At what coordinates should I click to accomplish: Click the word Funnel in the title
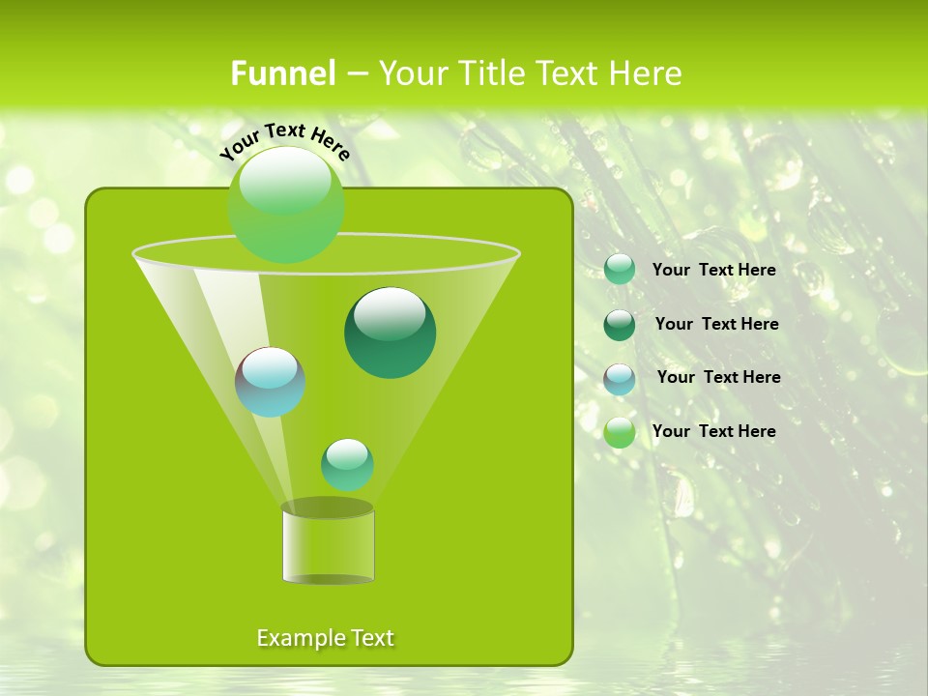(x=283, y=73)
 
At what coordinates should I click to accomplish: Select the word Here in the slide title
(x=643, y=73)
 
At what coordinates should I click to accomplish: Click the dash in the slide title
(x=357, y=74)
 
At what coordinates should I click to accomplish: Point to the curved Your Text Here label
(x=284, y=141)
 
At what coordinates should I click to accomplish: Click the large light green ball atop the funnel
(x=285, y=204)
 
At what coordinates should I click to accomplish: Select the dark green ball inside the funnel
(x=391, y=333)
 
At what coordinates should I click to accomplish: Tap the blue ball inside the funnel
(x=271, y=382)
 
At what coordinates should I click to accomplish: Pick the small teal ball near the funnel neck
(x=347, y=465)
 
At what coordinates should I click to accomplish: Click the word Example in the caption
(x=301, y=638)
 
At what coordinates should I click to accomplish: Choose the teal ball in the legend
(x=620, y=270)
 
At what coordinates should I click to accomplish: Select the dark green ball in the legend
(x=620, y=325)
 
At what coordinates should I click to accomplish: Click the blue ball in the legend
(x=620, y=379)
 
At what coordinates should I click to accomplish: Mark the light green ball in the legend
(x=620, y=432)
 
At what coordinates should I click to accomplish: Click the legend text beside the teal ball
(x=714, y=271)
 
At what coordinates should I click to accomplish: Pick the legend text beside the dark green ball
(x=716, y=325)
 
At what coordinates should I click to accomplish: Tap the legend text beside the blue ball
(x=718, y=378)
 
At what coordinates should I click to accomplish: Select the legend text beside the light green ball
(x=714, y=431)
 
